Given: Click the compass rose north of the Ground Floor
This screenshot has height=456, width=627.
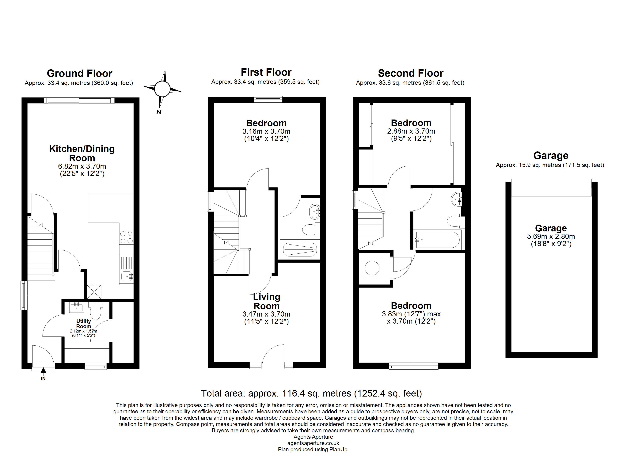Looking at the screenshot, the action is pyautogui.click(x=162, y=89).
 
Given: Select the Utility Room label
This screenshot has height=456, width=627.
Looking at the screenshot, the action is pyautogui.click(x=83, y=324).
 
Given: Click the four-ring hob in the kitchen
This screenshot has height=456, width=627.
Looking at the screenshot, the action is pyautogui.click(x=126, y=237).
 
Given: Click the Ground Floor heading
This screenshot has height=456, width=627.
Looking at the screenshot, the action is pyautogui.click(x=80, y=74).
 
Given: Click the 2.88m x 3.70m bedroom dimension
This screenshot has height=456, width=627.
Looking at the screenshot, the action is pyautogui.click(x=411, y=131).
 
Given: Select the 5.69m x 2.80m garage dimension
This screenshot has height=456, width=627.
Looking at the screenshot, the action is pyautogui.click(x=551, y=236).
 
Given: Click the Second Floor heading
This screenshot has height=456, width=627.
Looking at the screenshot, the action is pyautogui.click(x=411, y=74).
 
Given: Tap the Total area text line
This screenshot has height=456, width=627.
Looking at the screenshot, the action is pyautogui.click(x=312, y=393).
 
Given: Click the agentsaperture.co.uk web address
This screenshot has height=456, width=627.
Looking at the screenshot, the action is pyautogui.click(x=313, y=443).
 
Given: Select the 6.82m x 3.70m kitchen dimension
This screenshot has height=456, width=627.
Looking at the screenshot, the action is pyautogui.click(x=82, y=166).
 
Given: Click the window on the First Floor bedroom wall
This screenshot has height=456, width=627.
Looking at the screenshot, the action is pyautogui.click(x=268, y=99).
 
